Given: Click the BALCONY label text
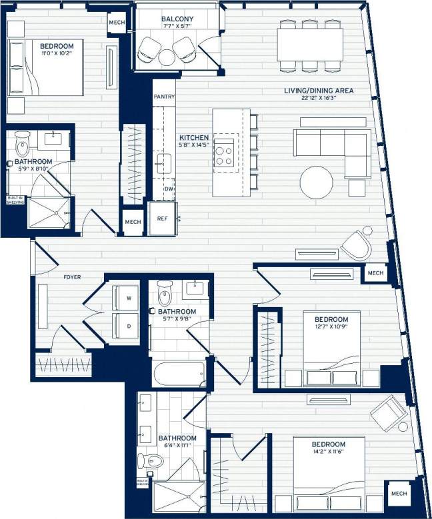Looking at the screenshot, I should (177, 18).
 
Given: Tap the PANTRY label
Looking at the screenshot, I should (164, 97).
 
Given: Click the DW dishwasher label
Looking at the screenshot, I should (169, 189).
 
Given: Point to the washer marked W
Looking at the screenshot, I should (127, 298).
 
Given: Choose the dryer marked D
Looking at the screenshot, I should (127, 326).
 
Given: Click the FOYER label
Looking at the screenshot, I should (72, 276).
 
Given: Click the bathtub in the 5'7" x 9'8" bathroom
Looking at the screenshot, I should (179, 374).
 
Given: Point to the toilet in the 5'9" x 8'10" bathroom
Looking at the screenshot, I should (23, 145).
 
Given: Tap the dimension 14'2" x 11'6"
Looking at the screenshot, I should (329, 453).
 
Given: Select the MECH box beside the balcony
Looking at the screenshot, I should (116, 22).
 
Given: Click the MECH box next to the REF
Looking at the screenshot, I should (132, 222).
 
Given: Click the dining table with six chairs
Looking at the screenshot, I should (310, 45).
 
